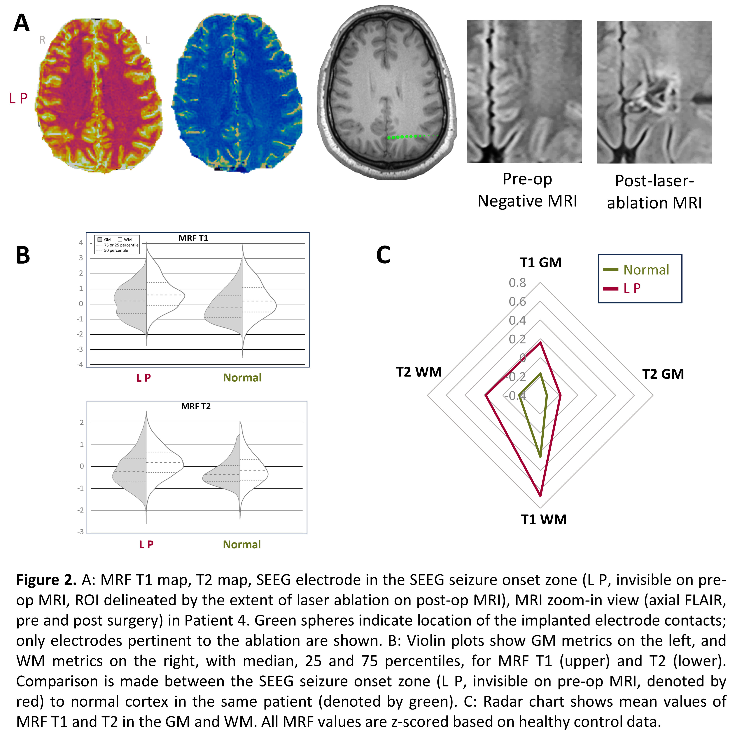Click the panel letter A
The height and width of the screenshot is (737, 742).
click(22, 23)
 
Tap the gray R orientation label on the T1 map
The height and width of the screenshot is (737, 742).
click(42, 40)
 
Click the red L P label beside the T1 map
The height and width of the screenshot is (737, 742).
click(18, 98)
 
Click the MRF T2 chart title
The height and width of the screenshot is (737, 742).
click(196, 406)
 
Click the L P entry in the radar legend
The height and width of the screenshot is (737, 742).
click(632, 288)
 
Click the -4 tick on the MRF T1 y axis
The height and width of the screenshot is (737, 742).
click(80, 364)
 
